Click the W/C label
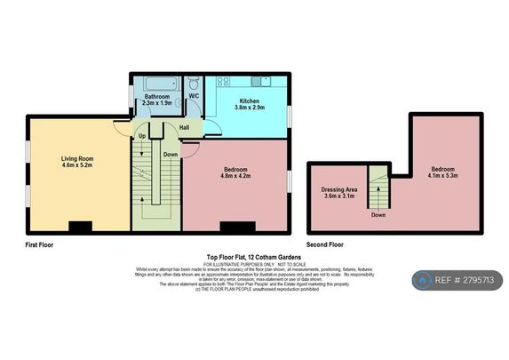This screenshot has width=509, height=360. coord(194,95)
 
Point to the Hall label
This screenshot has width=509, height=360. coord(184,126)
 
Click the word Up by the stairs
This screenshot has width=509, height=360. coord(141,136)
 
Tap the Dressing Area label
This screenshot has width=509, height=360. coord(338,189)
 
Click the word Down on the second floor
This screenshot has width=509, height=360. coord(378,214)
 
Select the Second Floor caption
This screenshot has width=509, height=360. coord(325,244)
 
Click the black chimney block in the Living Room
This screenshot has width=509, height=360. coord(79,227)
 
